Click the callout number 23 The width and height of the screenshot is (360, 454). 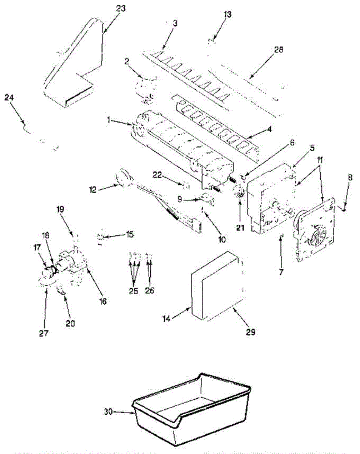click(x=120, y=9)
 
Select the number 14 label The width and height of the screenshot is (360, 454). click(x=167, y=319)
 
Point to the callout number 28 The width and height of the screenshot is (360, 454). click(x=278, y=50)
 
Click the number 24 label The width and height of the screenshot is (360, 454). click(x=9, y=98)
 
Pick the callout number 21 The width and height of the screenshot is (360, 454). click(x=240, y=227)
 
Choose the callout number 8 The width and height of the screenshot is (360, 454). click(x=350, y=177)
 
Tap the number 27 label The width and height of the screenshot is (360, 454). click(x=44, y=333)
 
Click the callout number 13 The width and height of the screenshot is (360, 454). click(x=227, y=14)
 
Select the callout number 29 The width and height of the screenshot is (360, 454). click(x=251, y=332)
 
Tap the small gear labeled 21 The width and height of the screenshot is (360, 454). click(x=240, y=193)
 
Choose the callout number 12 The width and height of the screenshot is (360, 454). click(x=93, y=190)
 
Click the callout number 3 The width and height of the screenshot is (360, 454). click(x=175, y=23)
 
